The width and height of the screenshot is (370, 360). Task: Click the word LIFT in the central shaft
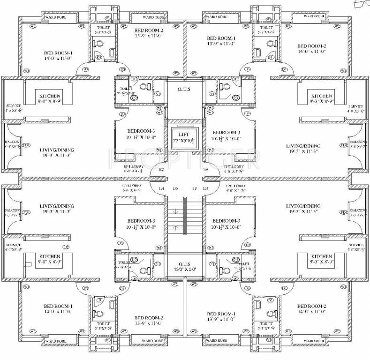click(185, 134)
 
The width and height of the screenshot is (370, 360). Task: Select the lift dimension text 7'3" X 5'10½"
click(185, 141)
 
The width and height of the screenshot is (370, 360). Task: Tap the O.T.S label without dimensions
click(184, 89)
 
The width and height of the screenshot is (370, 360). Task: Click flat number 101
click(162, 188)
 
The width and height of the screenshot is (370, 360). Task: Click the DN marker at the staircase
click(176, 188)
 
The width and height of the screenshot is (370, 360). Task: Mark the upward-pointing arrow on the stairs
click(176, 228)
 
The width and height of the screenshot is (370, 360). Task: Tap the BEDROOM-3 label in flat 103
click(227, 132)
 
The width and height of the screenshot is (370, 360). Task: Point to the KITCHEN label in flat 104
click(321, 257)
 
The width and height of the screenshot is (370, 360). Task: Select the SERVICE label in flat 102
click(11, 106)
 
